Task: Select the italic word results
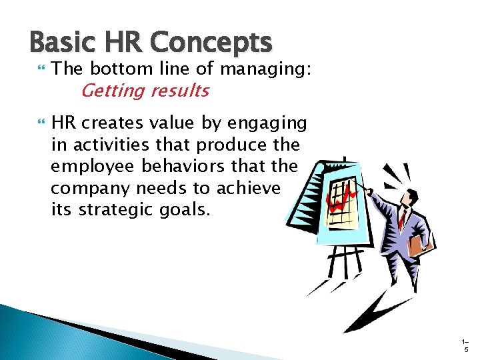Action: [x=179, y=90]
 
